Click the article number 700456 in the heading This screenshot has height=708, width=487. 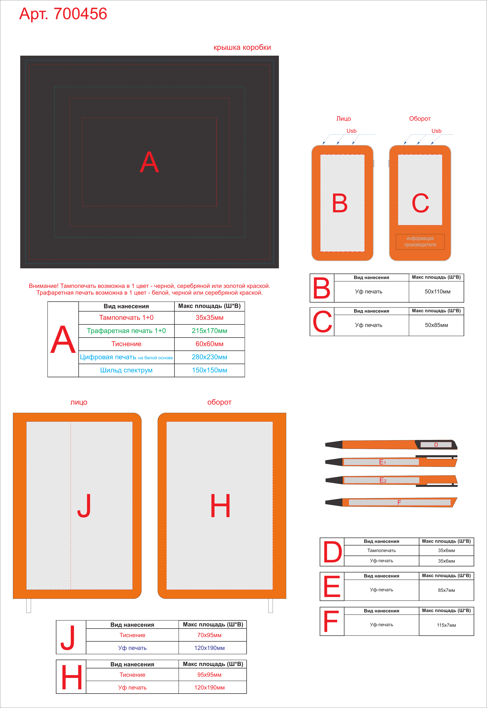(80, 14)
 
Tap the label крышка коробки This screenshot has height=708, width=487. (242, 47)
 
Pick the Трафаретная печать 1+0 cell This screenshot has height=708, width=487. (126, 331)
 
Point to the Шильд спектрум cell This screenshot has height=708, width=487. (126, 370)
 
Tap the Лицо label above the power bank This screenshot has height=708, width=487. (344, 119)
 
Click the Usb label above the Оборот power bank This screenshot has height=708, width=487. (436, 131)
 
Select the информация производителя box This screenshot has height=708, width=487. (420, 242)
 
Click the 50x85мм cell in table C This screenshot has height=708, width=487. (436, 325)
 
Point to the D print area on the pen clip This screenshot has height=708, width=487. (436, 445)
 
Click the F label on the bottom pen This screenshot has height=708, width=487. (399, 502)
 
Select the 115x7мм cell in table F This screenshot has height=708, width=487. (446, 625)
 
